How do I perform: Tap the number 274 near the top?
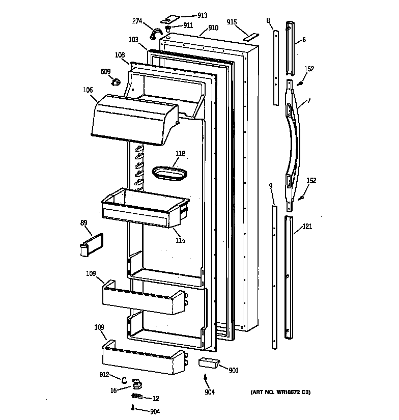point(137,21)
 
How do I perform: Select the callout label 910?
point(213,27)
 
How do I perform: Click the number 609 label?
point(106,72)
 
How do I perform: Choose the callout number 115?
point(181,240)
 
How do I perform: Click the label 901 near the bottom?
point(234,371)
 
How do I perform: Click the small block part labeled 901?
point(208,362)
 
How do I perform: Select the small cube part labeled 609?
point(117,81)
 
